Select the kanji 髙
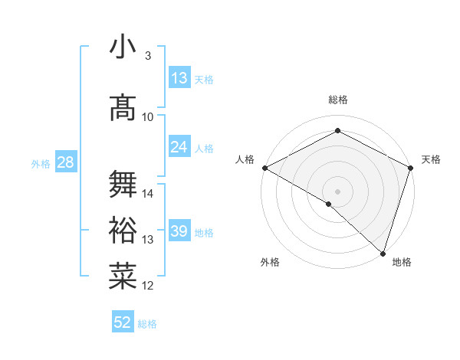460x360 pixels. tap(123, 109)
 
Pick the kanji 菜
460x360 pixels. tap(123, 277)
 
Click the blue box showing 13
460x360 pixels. tap(179, 79)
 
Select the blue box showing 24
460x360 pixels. tap(179, 147)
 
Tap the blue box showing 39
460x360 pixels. tap(179, 232)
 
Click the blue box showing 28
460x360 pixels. tap(65, 162)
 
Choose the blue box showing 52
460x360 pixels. tap(123, 323)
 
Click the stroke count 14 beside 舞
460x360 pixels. tap(148, 194)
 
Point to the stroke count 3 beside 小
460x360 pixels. tap(147, 56)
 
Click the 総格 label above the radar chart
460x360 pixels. tap(337, 100)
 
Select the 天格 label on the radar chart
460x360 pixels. tap(431, 159)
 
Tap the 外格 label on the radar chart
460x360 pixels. tap(270, 262)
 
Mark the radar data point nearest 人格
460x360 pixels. tap(264, 168)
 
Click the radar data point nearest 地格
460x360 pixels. tap(383, 254)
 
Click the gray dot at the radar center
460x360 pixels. tap(337, 191)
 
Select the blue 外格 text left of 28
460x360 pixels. tap(40, 163)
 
